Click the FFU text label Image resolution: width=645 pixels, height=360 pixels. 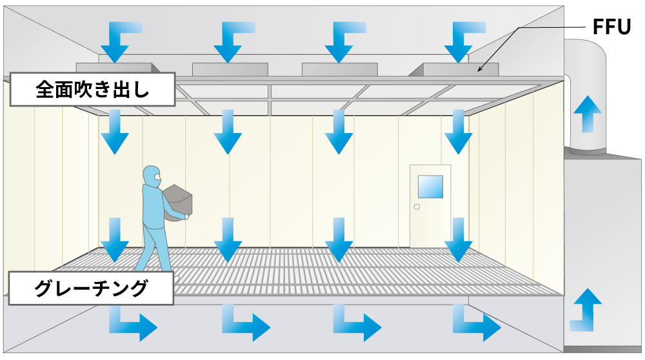click(x=611, y=28)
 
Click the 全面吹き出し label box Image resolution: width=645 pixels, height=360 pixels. click(x=92, y=90)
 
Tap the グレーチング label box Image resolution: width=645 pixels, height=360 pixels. click(x=91, y=288)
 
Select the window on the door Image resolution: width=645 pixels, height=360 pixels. click(x=430, y=186)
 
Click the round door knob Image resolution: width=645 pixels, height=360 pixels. click(x=417, y=207)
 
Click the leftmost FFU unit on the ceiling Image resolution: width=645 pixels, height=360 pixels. click(x=114, y=68)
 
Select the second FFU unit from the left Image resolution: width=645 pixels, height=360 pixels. click(x=230, y=68)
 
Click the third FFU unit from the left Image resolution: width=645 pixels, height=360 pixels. click(x=340, y=68)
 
